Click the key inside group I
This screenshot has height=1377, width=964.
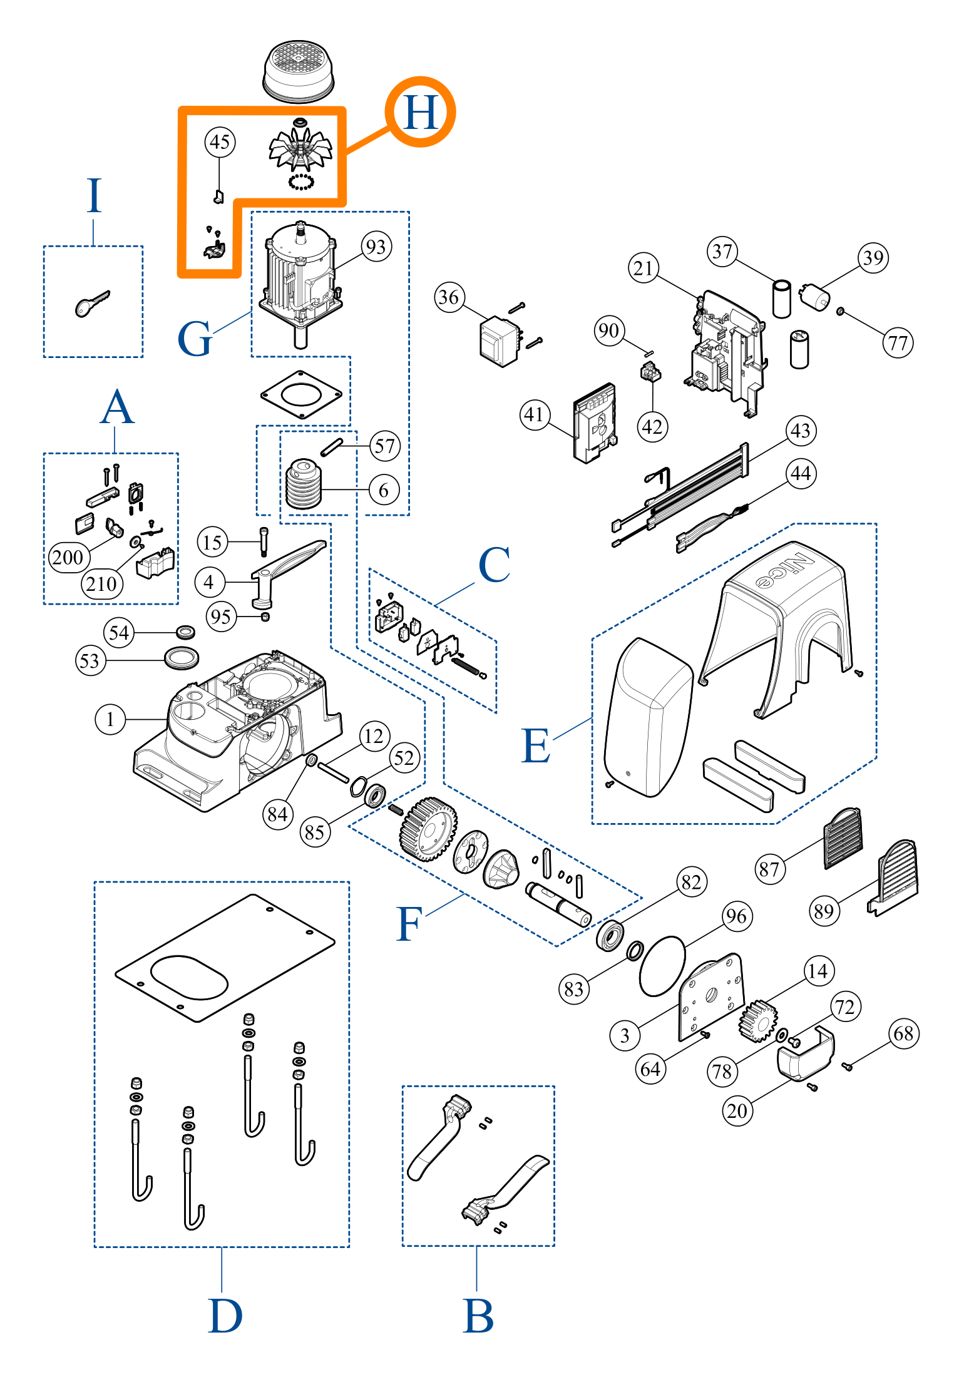pyautogui.click(x=91, y=304)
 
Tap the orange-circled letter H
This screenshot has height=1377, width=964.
pyautogui.click(x=420, y=113)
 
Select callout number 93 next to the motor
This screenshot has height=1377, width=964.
pyautogui.click(x=376, y=247)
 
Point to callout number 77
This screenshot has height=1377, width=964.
pyautogui.click(x=898, y=343)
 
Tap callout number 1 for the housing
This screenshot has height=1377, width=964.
pyautogui.click(x=110, y=719)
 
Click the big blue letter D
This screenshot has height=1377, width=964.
pyautogui.click(x=225, y=1316)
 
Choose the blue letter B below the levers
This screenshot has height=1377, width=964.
pyautogui.click(x=478, y=1316)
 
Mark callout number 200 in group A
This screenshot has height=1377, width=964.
pyautogui.click(x=68, y=557)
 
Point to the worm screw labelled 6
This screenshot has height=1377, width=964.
pyautogui.click(x=304, y=485)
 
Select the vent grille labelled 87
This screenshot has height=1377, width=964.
pyautogui.click(x=843, y=839)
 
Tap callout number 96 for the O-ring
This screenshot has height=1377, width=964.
pyautogui.click(x=736, y=916)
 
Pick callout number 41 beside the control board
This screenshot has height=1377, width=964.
pyautogui.click(x=534, y=414)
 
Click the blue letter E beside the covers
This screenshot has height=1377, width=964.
pyautogui.click(x=536, y=746)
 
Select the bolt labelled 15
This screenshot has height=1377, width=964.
pyautogui.click(x=264, y=541)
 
